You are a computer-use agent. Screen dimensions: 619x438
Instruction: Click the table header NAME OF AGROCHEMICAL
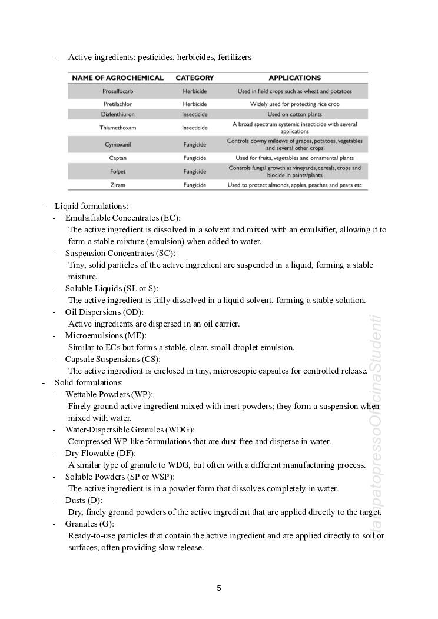click(x=118, y=78)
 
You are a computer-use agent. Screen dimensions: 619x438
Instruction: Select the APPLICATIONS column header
click(x=294, y=78)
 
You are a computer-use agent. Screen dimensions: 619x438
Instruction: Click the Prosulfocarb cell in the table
click(x=118, y=91)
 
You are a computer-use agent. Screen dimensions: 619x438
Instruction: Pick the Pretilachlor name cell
click(x=118, y=104)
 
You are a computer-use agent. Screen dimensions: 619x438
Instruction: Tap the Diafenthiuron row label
click(x=118, y=114)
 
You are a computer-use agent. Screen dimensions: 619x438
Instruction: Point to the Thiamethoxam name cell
click(x=118, y=127)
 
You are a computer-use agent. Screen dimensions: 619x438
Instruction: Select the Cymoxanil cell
click(x=118, y=144)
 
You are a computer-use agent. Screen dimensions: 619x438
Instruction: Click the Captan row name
click(x=118, y=158)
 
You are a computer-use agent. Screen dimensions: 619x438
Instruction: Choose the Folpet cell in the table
click(x=118, y=171)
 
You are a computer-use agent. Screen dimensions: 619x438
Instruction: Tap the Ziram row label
click(x=118, y=185)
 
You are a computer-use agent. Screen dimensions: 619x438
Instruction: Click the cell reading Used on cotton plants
click(x=294, y=114)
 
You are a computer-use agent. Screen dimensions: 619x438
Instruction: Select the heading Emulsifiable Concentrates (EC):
click(x=122, y=218)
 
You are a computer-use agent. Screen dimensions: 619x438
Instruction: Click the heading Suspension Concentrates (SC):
click(x=120, y=253)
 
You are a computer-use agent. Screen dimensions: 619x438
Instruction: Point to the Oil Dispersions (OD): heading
click(x=104, y=312)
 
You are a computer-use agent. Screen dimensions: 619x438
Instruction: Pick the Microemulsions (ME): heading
click(x=105, y=335)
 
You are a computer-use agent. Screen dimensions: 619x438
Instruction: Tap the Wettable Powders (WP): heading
click(x=109, y=394)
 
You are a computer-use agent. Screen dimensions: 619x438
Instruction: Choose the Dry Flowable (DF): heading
click(x=100, y=453)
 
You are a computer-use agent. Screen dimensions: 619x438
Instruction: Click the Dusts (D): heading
click(x=84, y=500)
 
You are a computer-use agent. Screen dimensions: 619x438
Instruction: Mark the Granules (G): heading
click(x=89, y=524)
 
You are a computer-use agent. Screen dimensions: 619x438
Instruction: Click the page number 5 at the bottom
click(x=219, y=588)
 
